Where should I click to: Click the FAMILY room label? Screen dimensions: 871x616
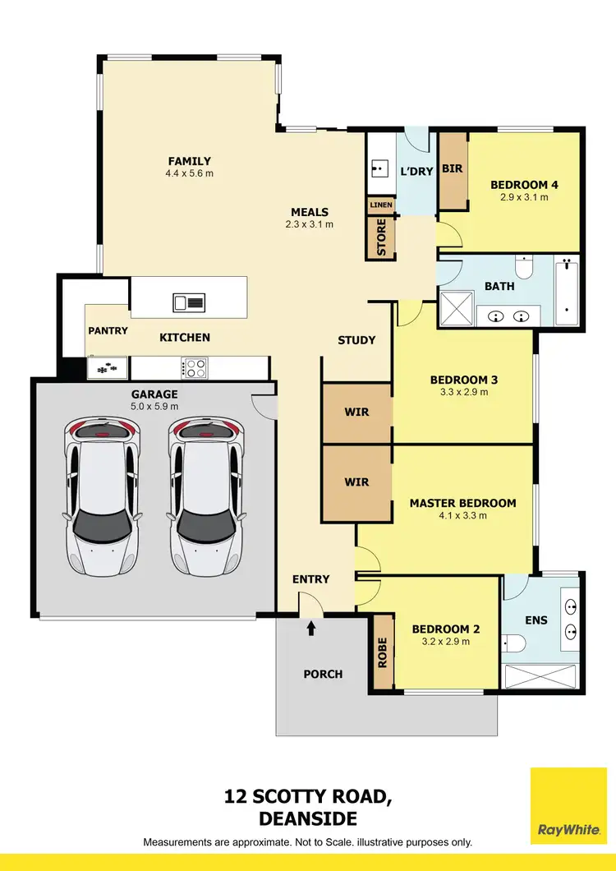click(x=190, y=161)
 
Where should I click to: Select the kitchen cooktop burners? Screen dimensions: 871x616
click(x=195, y=368)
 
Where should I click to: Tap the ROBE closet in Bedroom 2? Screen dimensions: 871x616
click(x=382, y=652)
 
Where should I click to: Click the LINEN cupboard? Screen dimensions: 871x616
click(x=381, y=205)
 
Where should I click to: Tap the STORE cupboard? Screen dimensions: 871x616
click(x=381, y=237)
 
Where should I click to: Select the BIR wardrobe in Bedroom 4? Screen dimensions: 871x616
click(x=452, y=168)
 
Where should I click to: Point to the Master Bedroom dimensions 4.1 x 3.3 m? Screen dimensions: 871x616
click(x=462, y=516)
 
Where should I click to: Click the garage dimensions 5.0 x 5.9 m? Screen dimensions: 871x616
click(x=154, y=407)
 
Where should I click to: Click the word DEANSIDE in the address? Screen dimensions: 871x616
click(x=308, y=818)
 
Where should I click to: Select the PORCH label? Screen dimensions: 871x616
click(x=323, y=674)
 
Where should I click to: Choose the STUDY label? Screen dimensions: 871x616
click(x=356, y=339)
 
